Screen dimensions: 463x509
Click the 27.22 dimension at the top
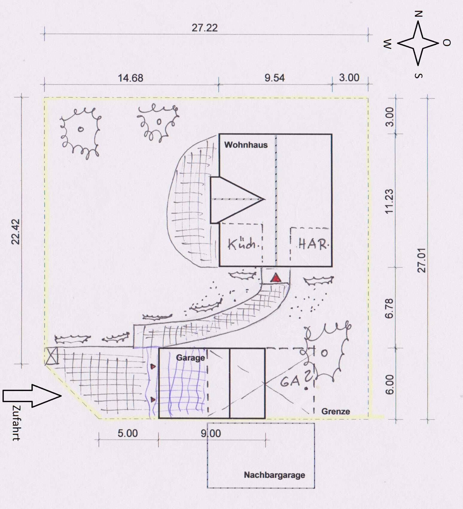[205, 28]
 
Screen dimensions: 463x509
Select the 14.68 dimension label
[130, 78]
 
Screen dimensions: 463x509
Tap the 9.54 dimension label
[275, 78]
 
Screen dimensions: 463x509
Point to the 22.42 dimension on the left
[16, 232]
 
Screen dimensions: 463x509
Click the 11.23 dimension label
[389, 201]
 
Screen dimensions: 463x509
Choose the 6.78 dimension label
[389, 309]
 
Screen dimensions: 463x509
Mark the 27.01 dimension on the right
[421, 260]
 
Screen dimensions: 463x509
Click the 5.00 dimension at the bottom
[128, 433]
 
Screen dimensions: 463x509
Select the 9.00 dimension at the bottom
[211, 433]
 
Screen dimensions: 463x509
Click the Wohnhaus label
[246, 145]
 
